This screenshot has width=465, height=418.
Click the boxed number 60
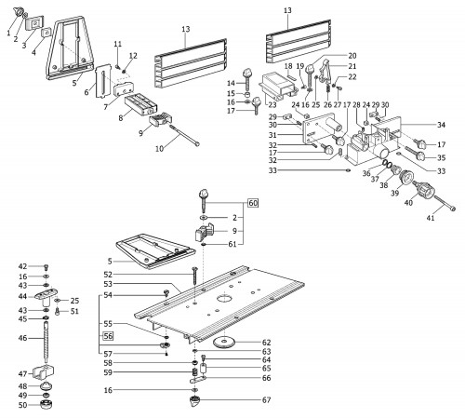253,203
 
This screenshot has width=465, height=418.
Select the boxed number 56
108,336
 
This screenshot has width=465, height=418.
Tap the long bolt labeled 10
184,135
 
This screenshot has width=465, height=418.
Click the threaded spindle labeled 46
46,342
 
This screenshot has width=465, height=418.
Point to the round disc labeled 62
224,343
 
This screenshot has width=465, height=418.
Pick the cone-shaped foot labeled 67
195,402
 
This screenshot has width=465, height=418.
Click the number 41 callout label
431,218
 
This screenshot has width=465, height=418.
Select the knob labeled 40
424,190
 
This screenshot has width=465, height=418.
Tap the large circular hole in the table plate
224,299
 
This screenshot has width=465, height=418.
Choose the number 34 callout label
441,125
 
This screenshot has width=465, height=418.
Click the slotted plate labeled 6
103,81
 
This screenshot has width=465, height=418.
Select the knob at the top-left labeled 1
19,12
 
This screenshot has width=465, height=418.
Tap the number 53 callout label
108,284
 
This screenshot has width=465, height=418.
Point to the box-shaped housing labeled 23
276,88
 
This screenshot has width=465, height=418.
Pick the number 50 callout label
22,405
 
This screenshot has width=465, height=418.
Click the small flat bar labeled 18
291,75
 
